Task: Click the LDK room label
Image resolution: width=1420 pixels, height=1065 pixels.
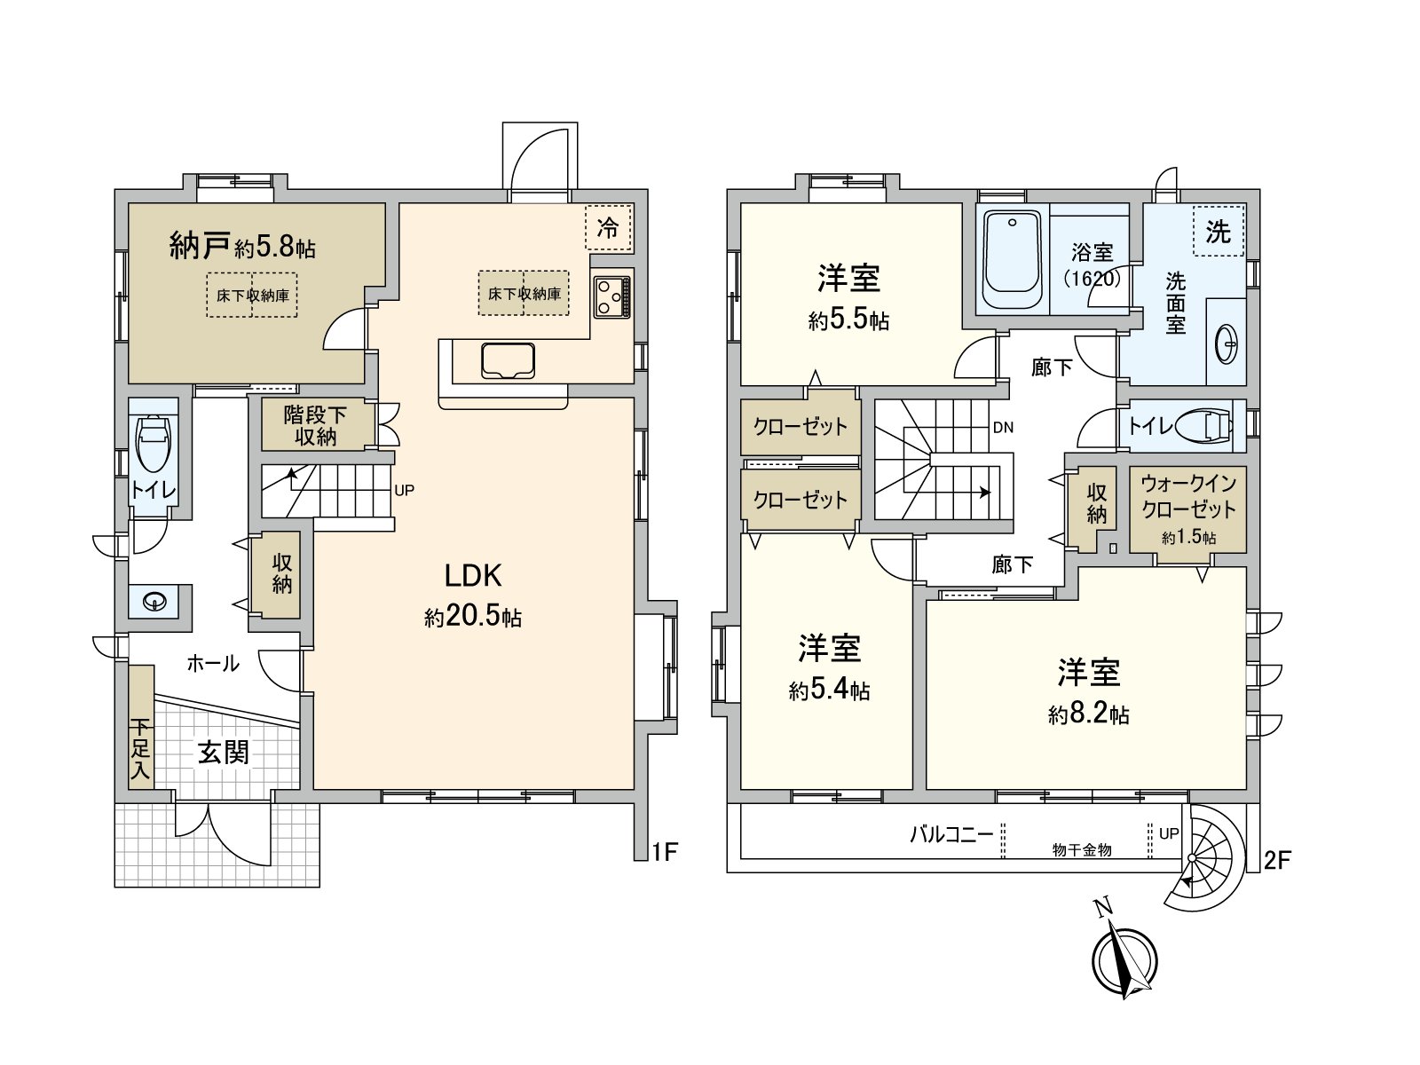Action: tap(473, 576)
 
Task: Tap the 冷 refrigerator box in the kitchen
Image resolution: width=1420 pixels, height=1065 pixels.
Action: tap(608, 227)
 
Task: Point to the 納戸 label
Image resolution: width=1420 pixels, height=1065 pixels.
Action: tap(201, 245)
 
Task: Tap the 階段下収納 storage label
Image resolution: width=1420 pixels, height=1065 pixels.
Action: tap(315, 424)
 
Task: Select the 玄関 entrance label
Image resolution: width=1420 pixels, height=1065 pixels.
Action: tap(224, 753)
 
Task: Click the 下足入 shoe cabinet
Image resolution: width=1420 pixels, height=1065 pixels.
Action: tap(140, 727)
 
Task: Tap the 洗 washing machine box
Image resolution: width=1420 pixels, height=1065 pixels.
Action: tap(1218, 232)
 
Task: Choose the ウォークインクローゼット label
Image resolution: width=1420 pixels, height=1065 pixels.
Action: tap(1188, 496)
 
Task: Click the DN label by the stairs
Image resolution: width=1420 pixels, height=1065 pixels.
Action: tap(1003, 427)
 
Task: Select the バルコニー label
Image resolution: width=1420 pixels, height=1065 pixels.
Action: tap(951, 834)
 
